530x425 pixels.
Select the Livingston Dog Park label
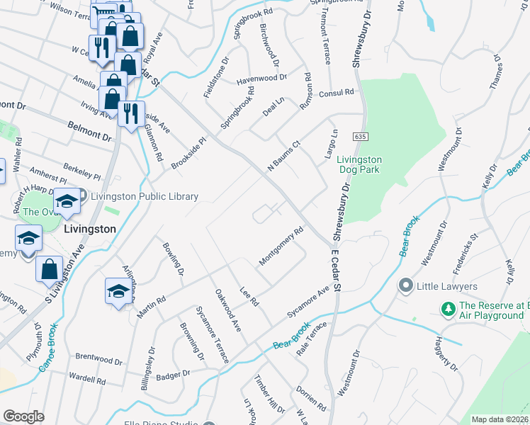pyautogui.click(x=359, y=164)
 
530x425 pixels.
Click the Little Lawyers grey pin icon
pyautogui.click(x=405, y=286)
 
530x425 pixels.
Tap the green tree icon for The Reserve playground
pyautogui.click(x=448, y=309)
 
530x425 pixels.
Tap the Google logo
pyautogui.click(x=23, y=416)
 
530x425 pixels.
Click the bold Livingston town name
pyautogui.click(x=89, y=229)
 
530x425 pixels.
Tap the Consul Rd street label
pyautogui.click(x=336, y=93)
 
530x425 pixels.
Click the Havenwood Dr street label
pyautogui.click(x=261, y=78)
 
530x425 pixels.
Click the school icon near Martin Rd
pyautogui.click(x=118, y=291)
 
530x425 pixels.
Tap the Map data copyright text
pyautogui.click(x=500, y=419)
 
